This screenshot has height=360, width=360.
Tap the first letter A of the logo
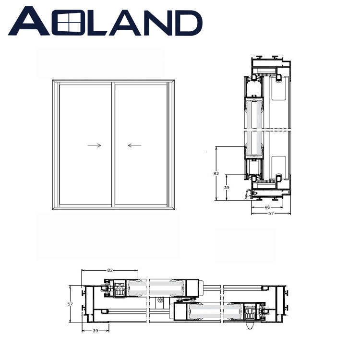29,21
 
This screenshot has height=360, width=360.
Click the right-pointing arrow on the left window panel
94,145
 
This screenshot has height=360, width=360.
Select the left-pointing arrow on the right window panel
134,145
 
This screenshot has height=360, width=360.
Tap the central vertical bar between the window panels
113,144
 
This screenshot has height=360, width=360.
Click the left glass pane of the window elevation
85,144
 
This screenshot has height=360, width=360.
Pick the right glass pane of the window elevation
141,144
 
